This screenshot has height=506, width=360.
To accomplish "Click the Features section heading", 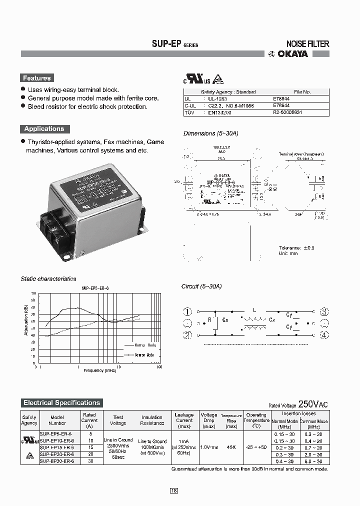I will (36, 78).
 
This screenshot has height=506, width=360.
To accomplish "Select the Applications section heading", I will (44, 128).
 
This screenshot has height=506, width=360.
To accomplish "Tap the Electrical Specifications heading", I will (61, 402).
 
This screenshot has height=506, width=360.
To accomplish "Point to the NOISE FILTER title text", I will (307, 44).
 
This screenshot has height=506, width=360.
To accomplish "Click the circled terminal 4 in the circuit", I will (324, 335).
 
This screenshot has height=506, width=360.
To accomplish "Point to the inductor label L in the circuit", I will (254, 310).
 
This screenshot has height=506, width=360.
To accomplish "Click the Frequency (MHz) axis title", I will (100, 370).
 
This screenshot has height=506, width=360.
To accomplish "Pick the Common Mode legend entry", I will (145, 354).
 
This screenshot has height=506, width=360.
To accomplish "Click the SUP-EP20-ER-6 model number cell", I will (56, 454).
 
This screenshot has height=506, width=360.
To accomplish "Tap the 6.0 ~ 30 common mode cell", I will (313, 461).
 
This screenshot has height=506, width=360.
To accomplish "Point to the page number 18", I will (173, 490).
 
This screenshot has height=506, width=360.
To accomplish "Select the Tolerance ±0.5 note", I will (296, 247).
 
